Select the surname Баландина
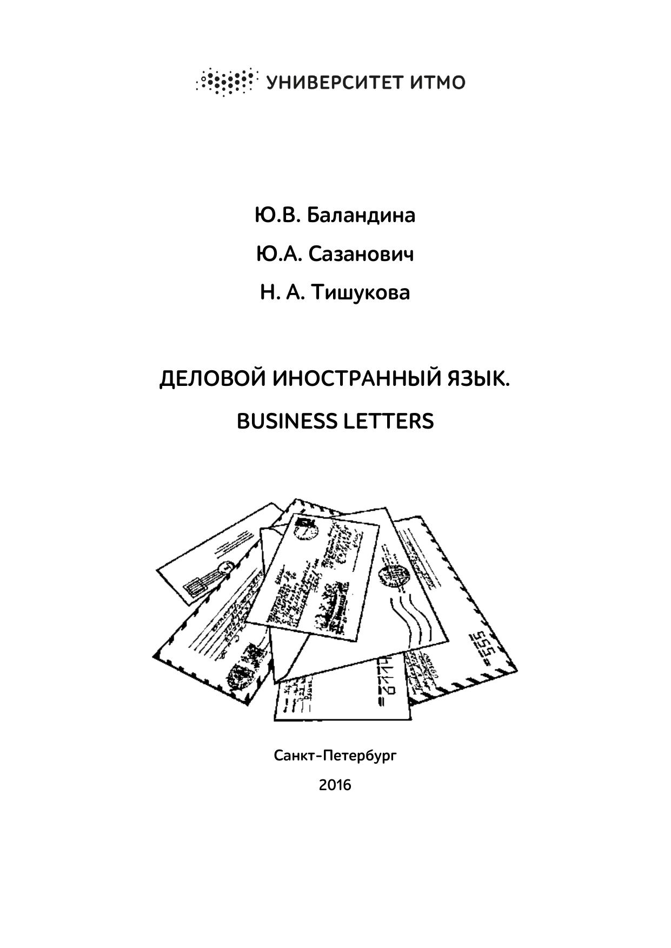361,215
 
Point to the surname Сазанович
361,254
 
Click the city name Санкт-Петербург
335,755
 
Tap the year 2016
335,784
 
